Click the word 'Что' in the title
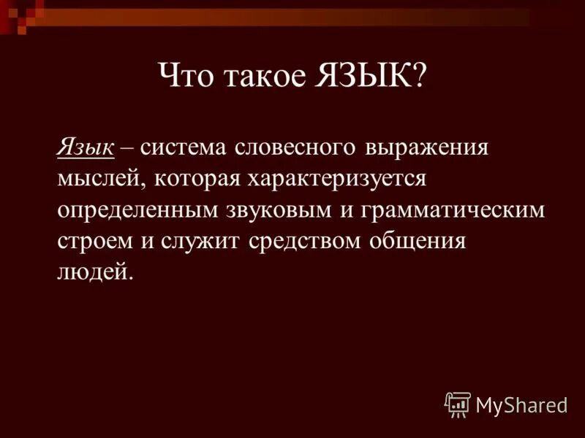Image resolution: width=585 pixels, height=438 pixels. click(184, 77)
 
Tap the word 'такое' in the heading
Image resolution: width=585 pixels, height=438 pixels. click(261, 77)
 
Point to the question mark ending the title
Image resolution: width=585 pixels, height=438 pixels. click(420, 77)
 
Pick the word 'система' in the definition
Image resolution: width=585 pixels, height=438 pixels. click(183, 147)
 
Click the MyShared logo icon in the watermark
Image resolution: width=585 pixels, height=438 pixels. click(458, 404)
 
